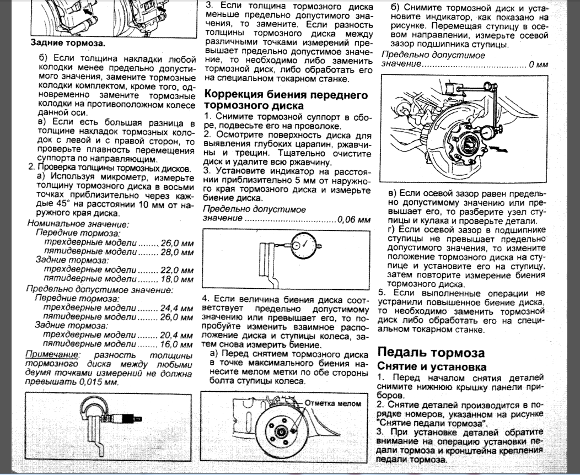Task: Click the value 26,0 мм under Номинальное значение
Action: pos(178,243)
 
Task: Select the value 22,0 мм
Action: pos(178,270)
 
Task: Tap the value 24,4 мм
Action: pos(178,308)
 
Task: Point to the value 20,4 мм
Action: pos(178,336)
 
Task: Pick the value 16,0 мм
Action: pos(178,344)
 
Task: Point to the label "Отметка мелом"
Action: pos(333,403)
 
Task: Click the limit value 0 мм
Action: pos(538,64)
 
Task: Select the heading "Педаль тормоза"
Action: pos(431,353)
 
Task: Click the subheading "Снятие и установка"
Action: pos(431,366)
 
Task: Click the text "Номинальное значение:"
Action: pos(78,224)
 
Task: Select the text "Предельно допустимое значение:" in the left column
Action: pos(100,289)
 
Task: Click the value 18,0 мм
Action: pos(178,279)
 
